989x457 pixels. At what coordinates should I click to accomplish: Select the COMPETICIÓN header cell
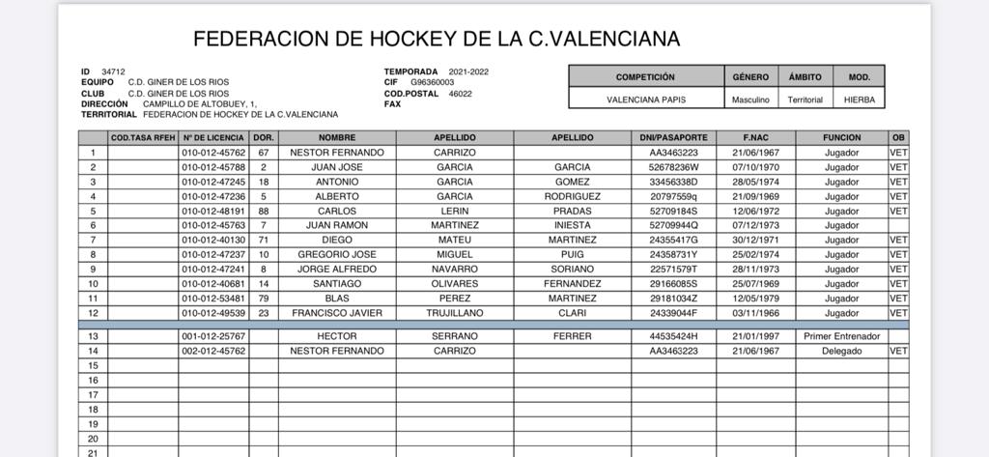(x=645, y=76)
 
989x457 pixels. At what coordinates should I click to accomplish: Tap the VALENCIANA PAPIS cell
(x=645, y=100)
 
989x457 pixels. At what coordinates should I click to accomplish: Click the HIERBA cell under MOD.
(x=859, y=100)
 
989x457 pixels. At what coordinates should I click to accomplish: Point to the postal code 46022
(x=461, y=94)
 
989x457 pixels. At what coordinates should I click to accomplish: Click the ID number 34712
(x=114, y=71)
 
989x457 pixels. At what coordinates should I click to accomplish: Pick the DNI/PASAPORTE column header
(x=673, y=138)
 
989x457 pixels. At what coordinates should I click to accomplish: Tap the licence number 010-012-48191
(x=214, y=211)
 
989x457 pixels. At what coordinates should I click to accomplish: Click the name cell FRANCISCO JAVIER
(x=337, y=313)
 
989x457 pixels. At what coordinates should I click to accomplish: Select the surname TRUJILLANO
(x=454, y=313)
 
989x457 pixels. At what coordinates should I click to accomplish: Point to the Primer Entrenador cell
(x=841, y=336)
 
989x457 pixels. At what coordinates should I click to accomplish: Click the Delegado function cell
(x=841, y=351)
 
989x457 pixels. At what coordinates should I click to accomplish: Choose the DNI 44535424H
(x=673, y=336)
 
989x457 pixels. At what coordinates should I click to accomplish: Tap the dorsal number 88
(x=263, y=211)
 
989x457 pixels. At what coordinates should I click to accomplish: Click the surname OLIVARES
(x=454, y=284)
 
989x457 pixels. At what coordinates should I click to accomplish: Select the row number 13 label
(x=93, y=336)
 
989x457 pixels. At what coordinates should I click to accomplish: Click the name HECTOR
(x=337, y=336)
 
